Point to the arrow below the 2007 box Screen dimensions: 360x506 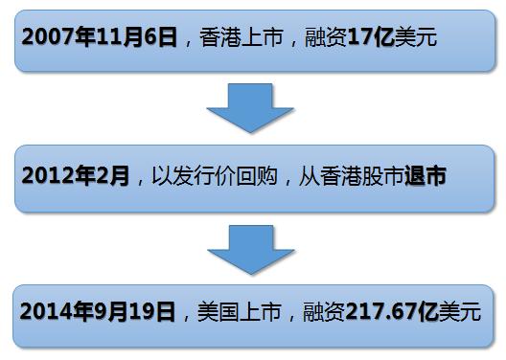250,106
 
